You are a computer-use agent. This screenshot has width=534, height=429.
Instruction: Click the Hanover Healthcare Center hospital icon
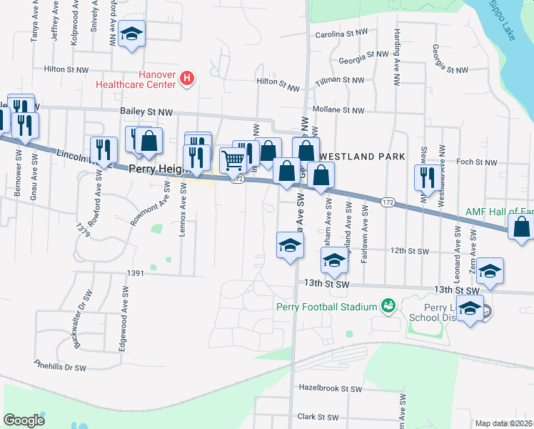click(187, 77)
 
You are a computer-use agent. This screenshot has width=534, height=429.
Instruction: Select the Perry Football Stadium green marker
click(388, 306)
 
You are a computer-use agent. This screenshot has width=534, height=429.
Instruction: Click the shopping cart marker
click(233, 161)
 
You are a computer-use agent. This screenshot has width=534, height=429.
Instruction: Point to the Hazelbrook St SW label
click(331, 389)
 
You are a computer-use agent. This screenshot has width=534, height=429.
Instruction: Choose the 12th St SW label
click(408, 252)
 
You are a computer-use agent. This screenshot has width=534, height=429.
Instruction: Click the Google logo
click(24, 420)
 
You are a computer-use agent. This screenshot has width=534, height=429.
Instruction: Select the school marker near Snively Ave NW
click(131, 35)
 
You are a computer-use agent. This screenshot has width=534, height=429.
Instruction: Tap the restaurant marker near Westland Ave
click(428, 176)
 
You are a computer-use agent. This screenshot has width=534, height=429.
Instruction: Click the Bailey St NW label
click(147, 112)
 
